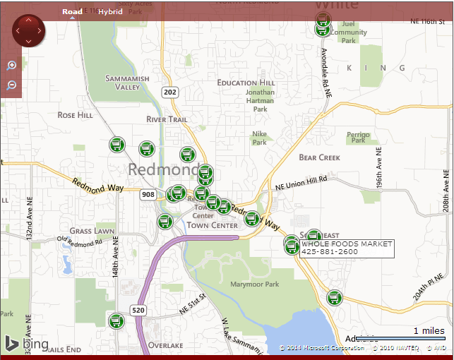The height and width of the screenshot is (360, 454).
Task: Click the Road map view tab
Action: pyautogui.click(x=71, y=12)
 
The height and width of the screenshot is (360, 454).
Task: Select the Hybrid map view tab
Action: pyautogui.click(x=110, y=12)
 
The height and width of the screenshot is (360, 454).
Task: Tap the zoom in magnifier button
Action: pyautogui.click(x=11, y=66)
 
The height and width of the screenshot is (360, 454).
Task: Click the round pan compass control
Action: pyautogui.click(x=28, y=30)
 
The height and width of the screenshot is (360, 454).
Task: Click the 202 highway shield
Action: pyautogui.click(x=169, y=92)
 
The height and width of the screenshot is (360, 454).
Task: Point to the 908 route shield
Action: pyautogui.click(x=148, y=194)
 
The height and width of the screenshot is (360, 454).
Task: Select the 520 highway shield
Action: pyautogui.click(x=138, y=310)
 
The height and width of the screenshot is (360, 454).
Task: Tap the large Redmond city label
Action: pyautogui.click(x=163, y=169)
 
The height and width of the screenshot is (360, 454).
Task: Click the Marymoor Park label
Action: pyautogui.click(x=254, y=284)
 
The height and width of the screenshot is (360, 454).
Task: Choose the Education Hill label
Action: pyautogui.click(x=246, y=83)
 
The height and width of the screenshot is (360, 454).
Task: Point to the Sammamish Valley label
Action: pyautogui.click(x=123, y=83)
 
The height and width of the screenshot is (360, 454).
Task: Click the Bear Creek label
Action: pyautogui.click(x=319, y=157)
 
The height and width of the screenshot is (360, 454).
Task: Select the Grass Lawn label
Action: pyautogui.click(x=92, y=231)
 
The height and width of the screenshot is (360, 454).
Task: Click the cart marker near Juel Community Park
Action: pyautogui.click(x=322, y=28)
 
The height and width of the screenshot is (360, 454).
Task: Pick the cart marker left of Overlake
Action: pyautogui.click(x=117, y=321)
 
